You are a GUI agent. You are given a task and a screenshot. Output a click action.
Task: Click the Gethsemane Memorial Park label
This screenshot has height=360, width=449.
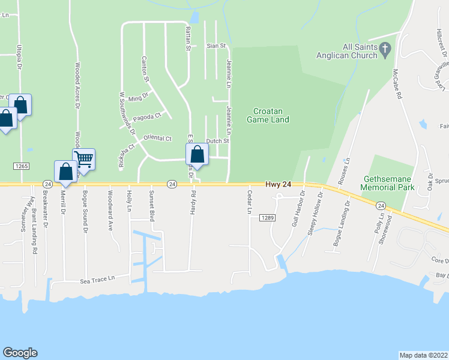(x=388, y=183)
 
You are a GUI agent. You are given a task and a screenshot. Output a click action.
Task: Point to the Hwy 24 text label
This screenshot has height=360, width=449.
(x=279, y=184)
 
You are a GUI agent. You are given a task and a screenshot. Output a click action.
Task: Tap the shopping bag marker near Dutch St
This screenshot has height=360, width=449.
(x=197, y=155)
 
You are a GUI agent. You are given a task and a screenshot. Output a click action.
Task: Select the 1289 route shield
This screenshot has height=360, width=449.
(x=268, y=218)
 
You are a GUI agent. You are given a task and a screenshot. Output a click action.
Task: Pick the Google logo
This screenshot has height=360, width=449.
(x=20, y=353)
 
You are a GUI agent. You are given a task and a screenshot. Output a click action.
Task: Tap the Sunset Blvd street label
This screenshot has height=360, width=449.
(x=152, y=206)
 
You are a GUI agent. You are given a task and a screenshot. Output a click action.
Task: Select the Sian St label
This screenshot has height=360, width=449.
(x=215, y=46)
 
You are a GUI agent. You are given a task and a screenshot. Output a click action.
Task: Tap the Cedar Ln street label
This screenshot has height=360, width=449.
(x=249, y=203)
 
